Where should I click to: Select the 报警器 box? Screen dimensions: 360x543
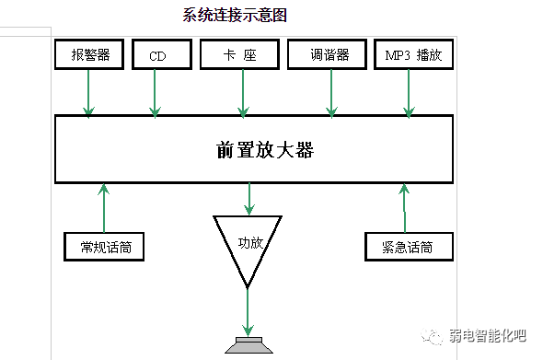(x=89, y=55)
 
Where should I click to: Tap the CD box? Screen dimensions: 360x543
(x=156, y=55)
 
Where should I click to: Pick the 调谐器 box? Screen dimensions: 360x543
(x=330, y=55)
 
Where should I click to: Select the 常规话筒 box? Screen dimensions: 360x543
(x=104, y=247)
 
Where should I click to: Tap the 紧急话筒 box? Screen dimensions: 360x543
(x=406, y=247)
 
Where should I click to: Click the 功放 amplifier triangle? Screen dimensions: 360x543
(x=248, y=244)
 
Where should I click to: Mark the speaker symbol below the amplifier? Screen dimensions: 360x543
(x=248, y=347)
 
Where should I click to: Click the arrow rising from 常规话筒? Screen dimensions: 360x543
(x=104, y=207)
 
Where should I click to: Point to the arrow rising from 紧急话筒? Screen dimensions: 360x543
(x=404, y=207)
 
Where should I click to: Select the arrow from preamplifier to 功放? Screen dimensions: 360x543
(x=248, y=198)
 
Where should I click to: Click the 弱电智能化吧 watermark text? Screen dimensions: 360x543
(x=491, y=337)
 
